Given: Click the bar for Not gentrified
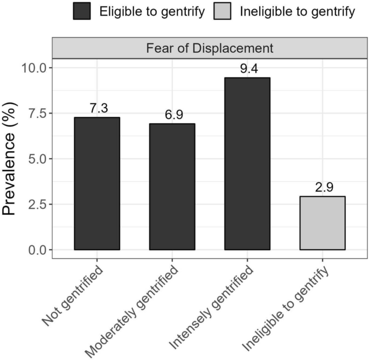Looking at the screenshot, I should [97, 183].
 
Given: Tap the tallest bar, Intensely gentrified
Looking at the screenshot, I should [247, 164].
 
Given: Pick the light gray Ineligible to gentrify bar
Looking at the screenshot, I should [322, 223].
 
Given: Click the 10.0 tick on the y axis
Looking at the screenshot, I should [34, 68].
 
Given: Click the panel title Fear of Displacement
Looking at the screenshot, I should [210, 48].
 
